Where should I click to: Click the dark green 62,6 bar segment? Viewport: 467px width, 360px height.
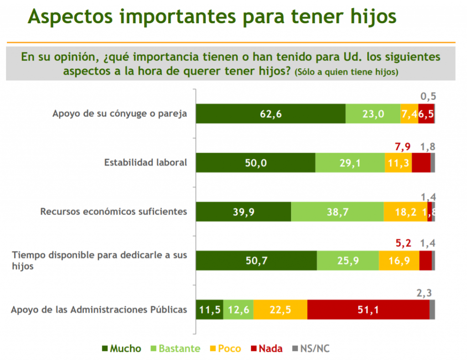[270, 114]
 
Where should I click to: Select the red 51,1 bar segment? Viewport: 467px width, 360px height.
[368, 310]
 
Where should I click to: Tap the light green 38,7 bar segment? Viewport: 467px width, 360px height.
[337, 212]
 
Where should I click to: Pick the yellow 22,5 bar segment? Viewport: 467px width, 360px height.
[280, 310]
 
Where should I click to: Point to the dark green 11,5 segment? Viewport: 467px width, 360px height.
[209, 310]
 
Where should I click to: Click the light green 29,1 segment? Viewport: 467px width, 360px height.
[350, 163]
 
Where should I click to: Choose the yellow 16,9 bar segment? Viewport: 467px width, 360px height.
[399, 261]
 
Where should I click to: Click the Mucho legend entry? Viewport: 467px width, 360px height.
[121, 349]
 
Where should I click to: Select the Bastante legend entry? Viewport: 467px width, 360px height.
[176, 349]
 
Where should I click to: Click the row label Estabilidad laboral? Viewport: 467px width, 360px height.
[145, 162]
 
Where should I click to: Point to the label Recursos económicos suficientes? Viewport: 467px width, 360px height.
[114, 211]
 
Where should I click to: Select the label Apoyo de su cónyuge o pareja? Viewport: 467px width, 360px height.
[120, 113]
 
